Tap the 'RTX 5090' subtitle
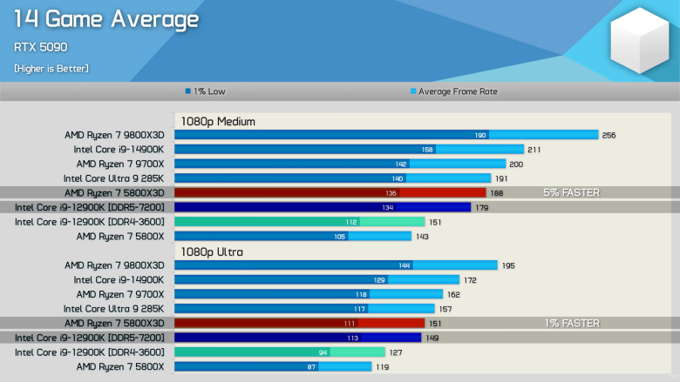click(x=41, y=47)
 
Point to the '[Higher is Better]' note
click(x=51, y=68)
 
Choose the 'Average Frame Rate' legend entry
click(x=453, y=90)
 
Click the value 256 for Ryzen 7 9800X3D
click(x=609, y=135)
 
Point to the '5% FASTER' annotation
click(x=571, y=192)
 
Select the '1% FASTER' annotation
click(x=571, y=323)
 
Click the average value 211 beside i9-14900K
click(x=534, y=150)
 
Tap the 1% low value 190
click(x=479, y=135)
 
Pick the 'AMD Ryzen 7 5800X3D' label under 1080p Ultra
click(x=114, y=323)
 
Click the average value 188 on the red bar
click(x=497, y=192)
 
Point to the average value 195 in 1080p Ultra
click(x=508, y=265)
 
